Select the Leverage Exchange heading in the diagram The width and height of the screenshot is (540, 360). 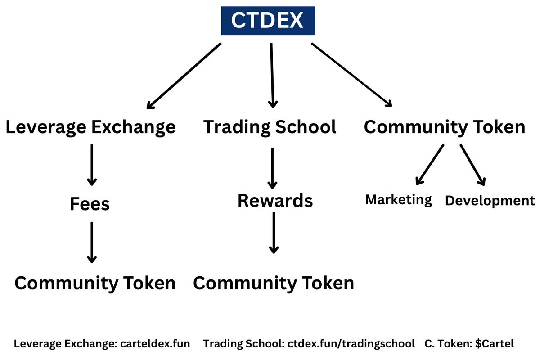tap(90, 127)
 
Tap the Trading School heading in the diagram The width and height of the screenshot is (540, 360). tap(270, 127)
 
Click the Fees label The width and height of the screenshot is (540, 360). tap(90, 204)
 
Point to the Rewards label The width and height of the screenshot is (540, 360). tap(275, 201)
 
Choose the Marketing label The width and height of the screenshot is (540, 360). tap(398, 199)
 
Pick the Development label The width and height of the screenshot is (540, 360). tap(490, 201)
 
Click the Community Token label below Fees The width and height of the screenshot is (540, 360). tap(95, 283)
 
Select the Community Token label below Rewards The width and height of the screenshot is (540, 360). tap(274, 283)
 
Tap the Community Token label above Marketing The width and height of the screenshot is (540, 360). tap(445, 127)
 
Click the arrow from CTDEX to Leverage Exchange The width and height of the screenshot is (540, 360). tap(184, 76)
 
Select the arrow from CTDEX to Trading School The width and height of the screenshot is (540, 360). tap(272, 75)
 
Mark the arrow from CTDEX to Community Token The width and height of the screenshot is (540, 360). tap(352, 75)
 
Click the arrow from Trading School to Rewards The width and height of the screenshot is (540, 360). tap(272, 167)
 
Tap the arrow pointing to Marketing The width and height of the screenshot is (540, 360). tap(430, 165)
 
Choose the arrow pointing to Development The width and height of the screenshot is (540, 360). tap(472, 165)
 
